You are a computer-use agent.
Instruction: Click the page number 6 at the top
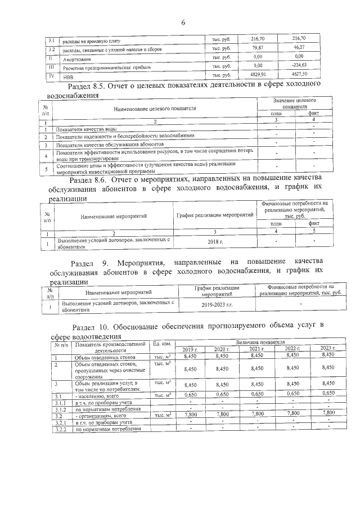[x=183, y=22]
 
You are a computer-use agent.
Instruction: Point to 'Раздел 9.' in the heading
[x=92, y=263]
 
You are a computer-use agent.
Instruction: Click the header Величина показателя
[x=260, y=342]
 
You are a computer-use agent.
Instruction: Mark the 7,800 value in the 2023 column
[x=327, y=413]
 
